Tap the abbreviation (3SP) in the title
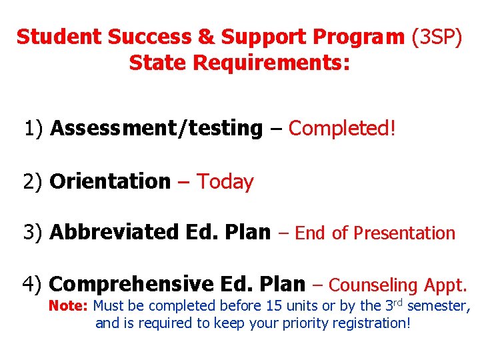pos(437,37)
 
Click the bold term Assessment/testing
pos(157,128)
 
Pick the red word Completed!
pos(342,128)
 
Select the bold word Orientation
pos(110,181)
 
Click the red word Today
pos(225,181)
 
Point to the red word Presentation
pos(404,233)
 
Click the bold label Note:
pos(69,307)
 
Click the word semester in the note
pos(437,307)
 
